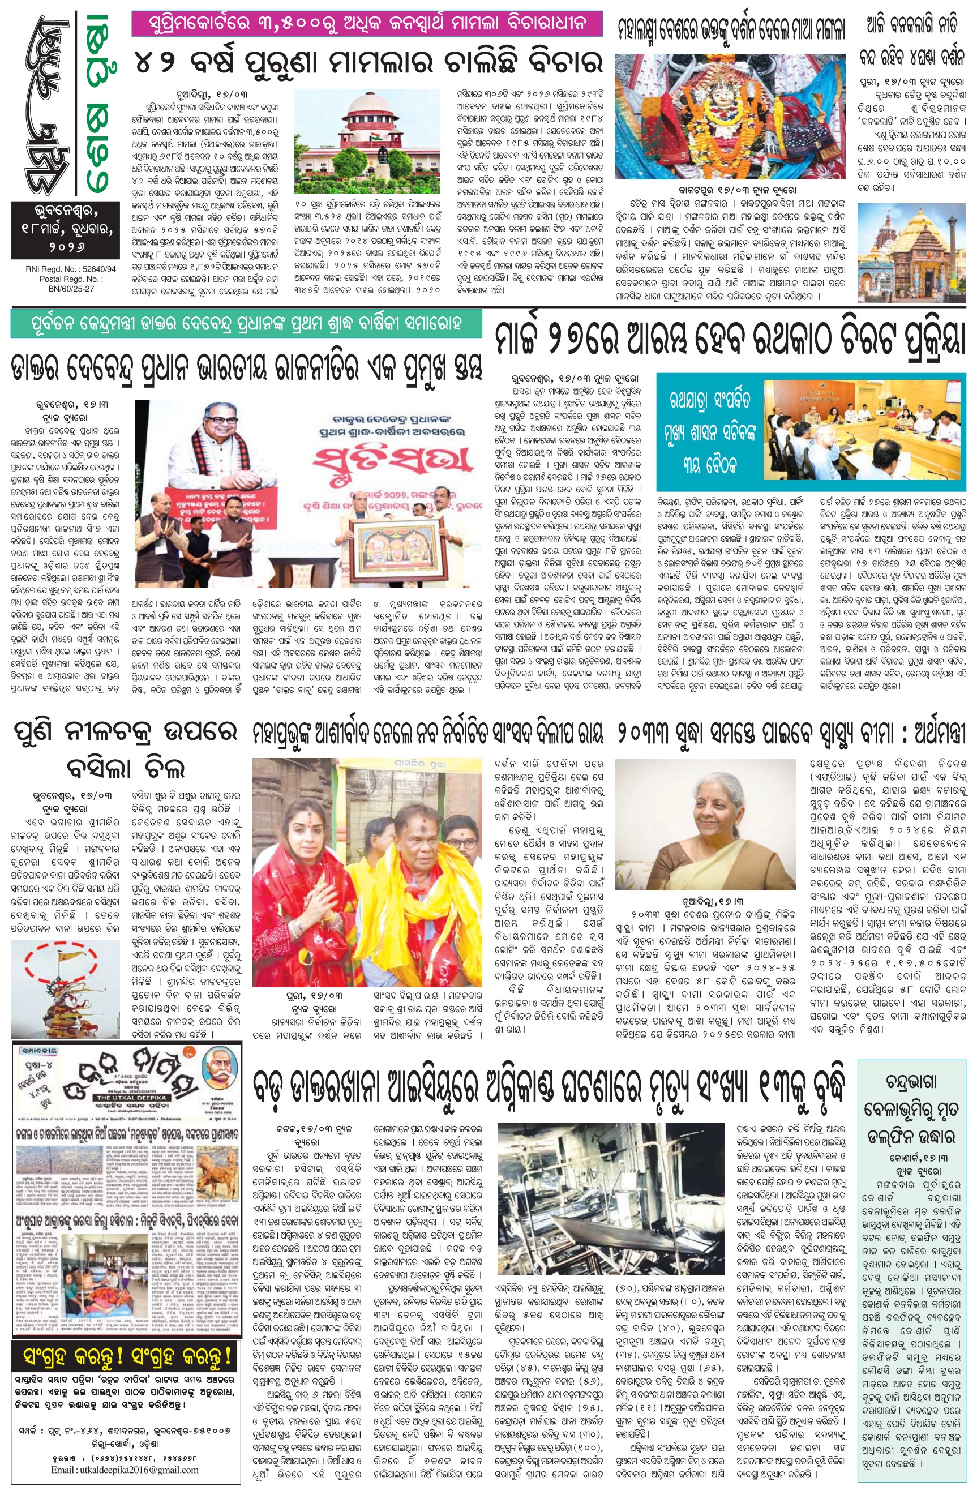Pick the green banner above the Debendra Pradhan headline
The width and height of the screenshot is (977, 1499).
tap(246, 324)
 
